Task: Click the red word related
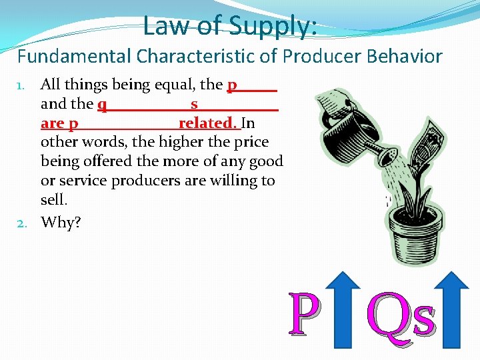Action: (x=207, y=123)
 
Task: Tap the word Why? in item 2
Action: (x=61, y=222)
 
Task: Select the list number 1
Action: (x=21, y=85)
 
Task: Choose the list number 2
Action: (x=21, y=223)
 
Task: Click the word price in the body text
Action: (x=251, y=142)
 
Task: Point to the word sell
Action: (x=54, y=200)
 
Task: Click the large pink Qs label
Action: (x=402, y=315)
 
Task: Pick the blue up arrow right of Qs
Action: (x=455, y=310)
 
